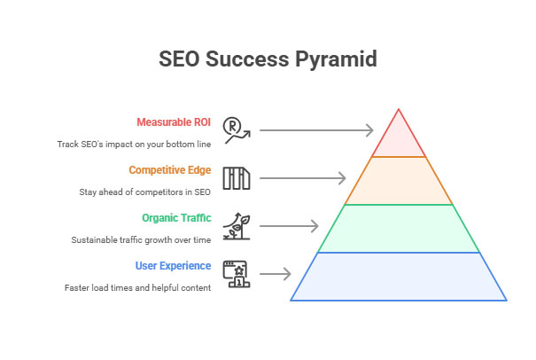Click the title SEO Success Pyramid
268,59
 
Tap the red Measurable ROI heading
174,122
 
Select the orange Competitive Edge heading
170,170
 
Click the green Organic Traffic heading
176,218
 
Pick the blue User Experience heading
173,266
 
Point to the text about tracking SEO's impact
134,144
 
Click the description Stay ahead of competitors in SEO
145,192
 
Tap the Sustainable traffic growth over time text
141,240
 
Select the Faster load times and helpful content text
137,288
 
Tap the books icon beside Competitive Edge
237,178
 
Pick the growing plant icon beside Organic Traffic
237,226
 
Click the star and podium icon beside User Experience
237,274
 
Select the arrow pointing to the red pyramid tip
316,130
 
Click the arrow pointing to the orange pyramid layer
303,178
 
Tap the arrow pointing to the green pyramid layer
289,226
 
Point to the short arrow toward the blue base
276,274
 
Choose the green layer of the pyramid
399,229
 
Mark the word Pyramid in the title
336,59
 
